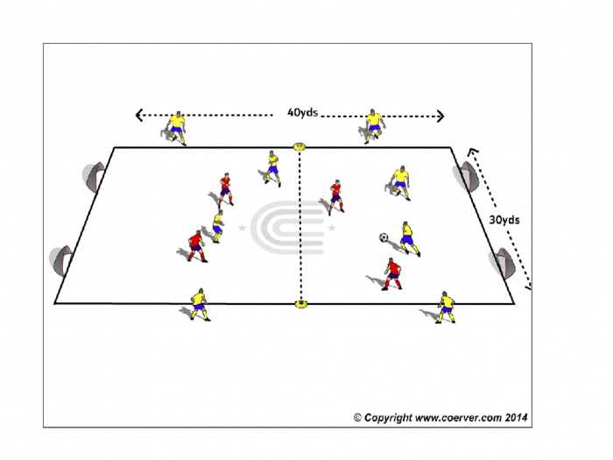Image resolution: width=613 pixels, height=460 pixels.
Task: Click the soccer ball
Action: pyautogui.click(x=384, y=237)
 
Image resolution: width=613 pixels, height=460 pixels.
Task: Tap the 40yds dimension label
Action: pyautogui.click(x=302, y=113)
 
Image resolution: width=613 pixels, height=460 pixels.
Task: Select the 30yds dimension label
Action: pyautogui.click(x=504, y=220)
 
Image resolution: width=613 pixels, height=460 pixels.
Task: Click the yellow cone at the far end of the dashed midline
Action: pyautogui.click(x=299, y=146)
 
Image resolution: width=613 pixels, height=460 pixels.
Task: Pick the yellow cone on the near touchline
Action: pyautogui.click(x=300, y=303)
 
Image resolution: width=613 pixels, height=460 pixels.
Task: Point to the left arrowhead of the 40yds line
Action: pyautogui.click(x=138, y=115)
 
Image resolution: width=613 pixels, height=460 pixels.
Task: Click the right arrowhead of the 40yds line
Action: pyautogui.click(x=440, y=117)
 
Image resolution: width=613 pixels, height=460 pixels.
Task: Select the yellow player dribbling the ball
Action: pyautogui.click(x=409, y=238)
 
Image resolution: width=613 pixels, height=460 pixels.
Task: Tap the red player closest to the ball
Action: pyautogui.click(x=392, y=273)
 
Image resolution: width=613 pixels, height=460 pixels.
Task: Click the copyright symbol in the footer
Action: pyautogui.click(x=357, y=418)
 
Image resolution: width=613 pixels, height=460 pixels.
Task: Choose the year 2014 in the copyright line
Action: pyautogui.click(x=516, y=417)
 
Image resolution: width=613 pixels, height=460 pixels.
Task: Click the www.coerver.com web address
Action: pyautogui.click(x=458, y=418)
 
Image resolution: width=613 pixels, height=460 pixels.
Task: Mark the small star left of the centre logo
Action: pyautogui.click(x=242, y=227)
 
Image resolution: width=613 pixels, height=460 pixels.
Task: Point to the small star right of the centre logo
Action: pyautogui.click(x=332, y=227)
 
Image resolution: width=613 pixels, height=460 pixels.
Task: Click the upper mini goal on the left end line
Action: pyautogui.click(x=94, y=177)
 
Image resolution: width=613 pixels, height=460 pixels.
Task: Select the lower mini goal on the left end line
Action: pyautogui.click(x=61, y=261)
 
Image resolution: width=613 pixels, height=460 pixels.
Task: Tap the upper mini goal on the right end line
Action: pyautogui.click(x=466, y=176)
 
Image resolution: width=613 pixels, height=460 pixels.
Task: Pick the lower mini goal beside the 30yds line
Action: pyautogui.click(x=503, y=263)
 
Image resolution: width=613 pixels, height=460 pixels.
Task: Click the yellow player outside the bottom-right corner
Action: pyautogui.click(x=446, y=308)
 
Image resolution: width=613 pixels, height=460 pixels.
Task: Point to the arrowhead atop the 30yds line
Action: pyautogui.click(x=474, y=152)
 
